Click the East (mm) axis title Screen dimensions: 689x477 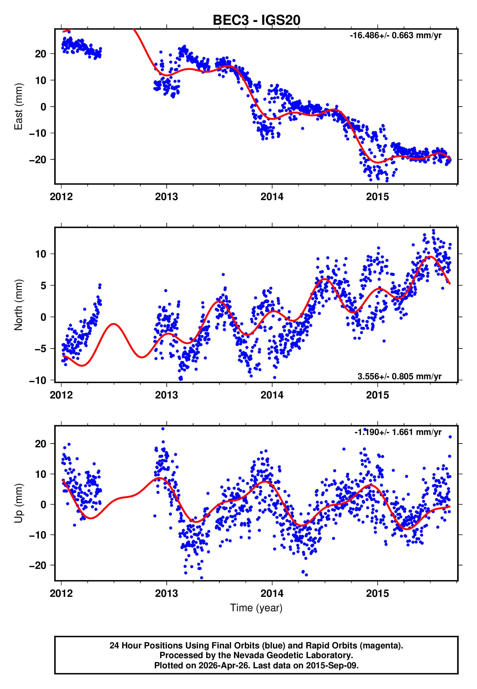pos(18,106)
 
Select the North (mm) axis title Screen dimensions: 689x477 pos(18,305)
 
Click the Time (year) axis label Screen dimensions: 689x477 pos(256,608)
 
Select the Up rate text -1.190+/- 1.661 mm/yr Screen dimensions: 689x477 pos(398,432)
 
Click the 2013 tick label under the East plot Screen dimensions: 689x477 pos(166,197)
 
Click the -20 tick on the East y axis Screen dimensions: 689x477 pos(38,159)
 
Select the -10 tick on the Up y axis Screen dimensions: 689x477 pos(38,535)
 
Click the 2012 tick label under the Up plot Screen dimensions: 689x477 pos(61,593)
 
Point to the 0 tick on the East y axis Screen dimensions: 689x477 pos(43,107)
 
